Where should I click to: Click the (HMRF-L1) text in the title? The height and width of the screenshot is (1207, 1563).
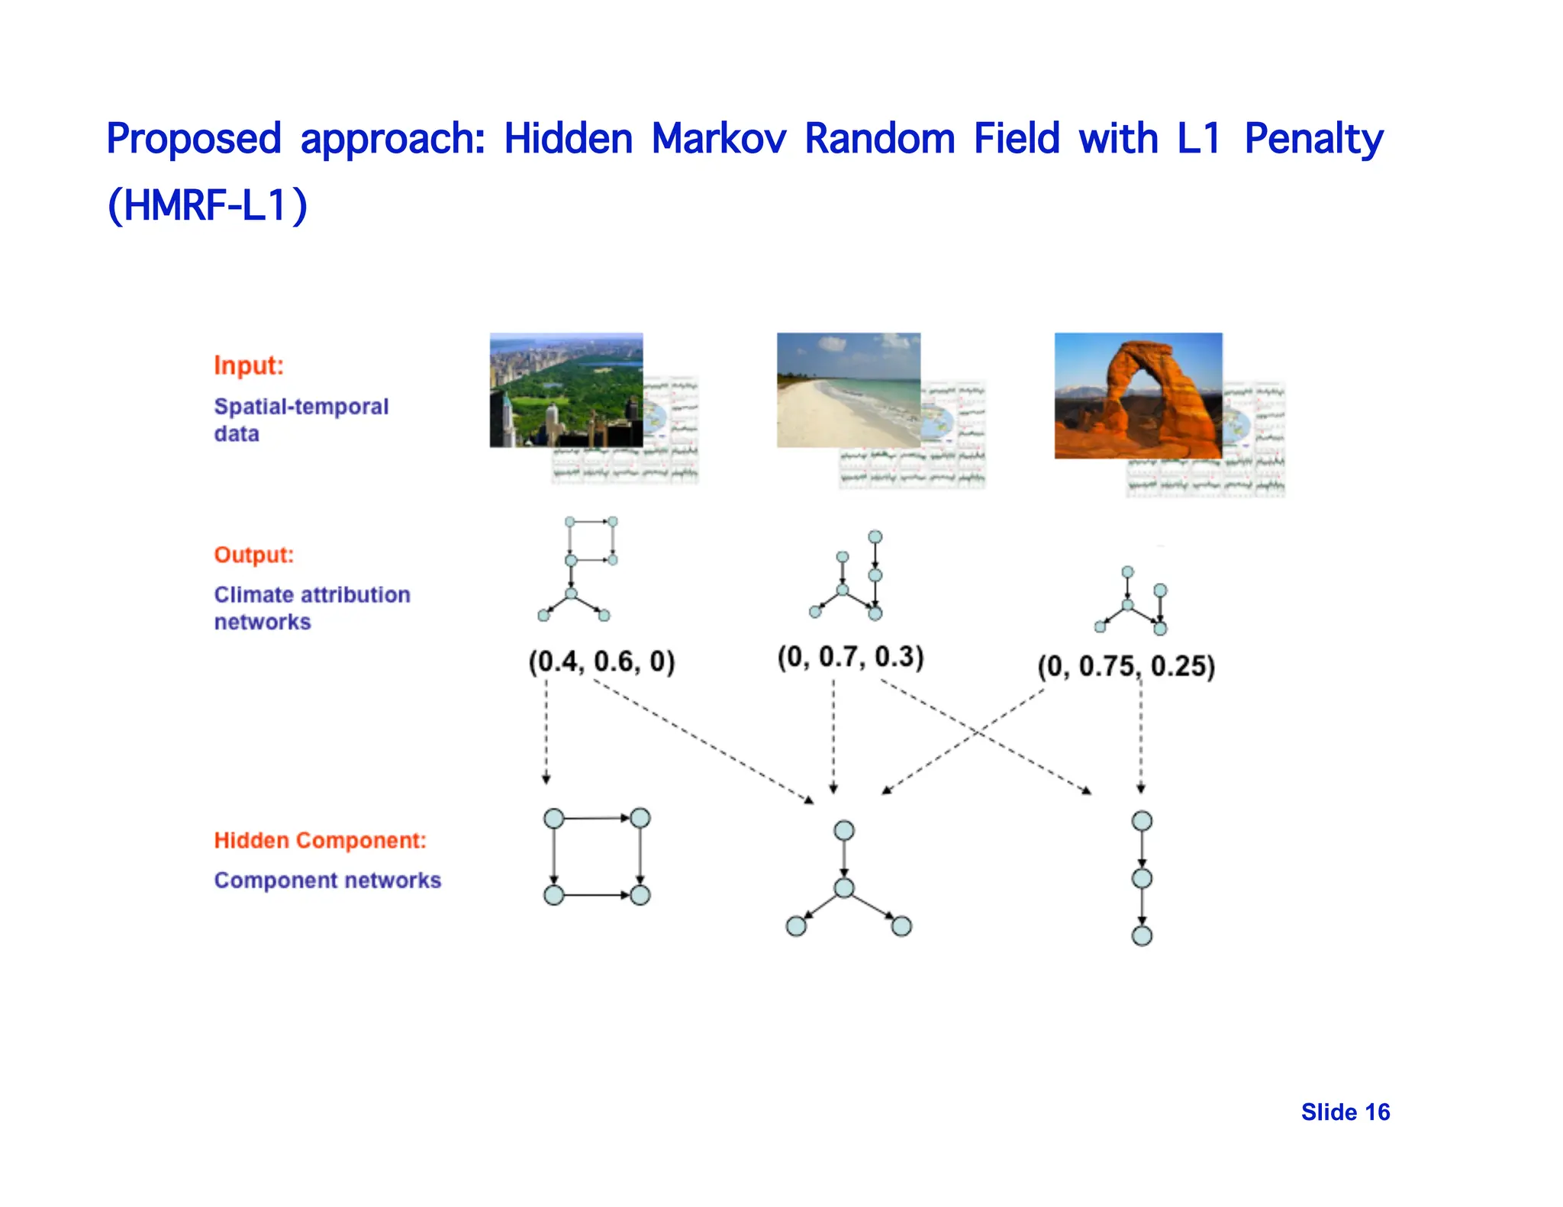pos(208,205)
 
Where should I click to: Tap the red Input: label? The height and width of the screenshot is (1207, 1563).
pos(249,365)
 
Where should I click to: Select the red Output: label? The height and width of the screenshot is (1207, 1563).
pos(253,555)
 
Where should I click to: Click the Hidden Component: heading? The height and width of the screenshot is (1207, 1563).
pos(320,840)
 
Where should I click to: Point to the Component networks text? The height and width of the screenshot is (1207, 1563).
pos(327,880)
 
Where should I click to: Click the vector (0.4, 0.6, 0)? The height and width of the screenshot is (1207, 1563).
pos(601,661)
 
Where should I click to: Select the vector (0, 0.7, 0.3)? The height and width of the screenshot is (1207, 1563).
pos(850,657)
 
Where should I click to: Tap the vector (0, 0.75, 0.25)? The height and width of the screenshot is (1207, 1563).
pos(1126,666)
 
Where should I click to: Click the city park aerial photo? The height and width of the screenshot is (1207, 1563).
pos(566,389)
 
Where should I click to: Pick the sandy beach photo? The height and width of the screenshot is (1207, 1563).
pos(848,389)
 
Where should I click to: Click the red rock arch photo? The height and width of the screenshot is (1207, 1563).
pos(1137,394)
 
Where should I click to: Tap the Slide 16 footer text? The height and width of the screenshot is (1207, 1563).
pos(1345,1112)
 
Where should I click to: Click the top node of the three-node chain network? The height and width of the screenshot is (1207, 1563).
pos(1142,821)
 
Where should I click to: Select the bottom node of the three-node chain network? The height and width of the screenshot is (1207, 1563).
pos(1142,935)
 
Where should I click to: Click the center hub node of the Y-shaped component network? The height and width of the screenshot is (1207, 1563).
pos(844,887)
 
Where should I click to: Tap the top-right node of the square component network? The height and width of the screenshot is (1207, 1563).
pos(640,818)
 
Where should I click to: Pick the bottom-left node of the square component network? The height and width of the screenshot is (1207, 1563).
pos(554,894)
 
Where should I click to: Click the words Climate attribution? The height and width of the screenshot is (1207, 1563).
pos(311,594)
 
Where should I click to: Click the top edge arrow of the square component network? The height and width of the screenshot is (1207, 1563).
pos(597,818)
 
